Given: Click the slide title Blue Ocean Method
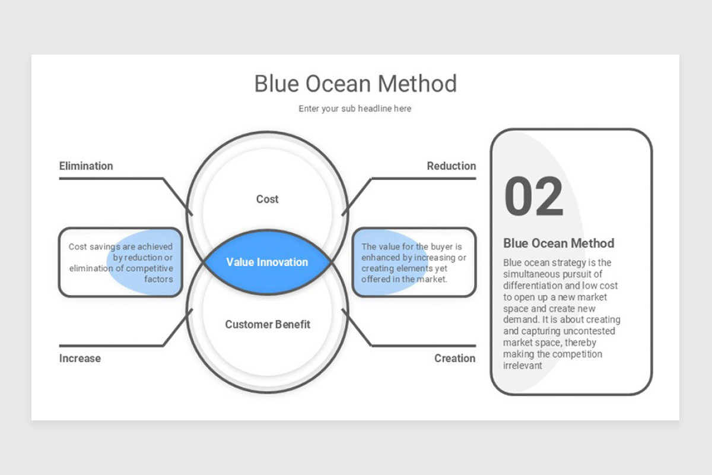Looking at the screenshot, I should pyautogui.click(x=355, y=84).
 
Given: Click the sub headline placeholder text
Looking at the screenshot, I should pyautogui.click(x=355, y=109).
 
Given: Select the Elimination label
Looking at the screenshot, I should pyautogui.click(x=86, y=166).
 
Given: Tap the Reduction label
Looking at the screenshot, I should pyautogui.click(x=451, y=166).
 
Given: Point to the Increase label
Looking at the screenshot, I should pyautogui.click(x=80, y=358).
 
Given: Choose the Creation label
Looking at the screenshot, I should pyautogui.click(x=454, y=358).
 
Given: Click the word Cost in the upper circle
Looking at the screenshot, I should pyautogui.click(x=267, y=199).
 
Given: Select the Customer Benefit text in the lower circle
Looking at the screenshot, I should pyautogui.click(x=268, y=324).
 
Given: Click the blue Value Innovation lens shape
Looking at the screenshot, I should pyautogui.click(x=267, y=262).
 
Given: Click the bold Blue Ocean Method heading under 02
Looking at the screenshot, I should pyautogui.click(x=558, y=243).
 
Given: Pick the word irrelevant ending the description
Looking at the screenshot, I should pyautogui.click(x=523, y=366).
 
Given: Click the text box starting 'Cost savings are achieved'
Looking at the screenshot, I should pyautogui.click(x=120, y=262).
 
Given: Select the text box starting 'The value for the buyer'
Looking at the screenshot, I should pyautogui.click(x=414, y=262).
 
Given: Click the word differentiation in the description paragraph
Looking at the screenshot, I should pyautogui.click(x=532, y=286).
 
